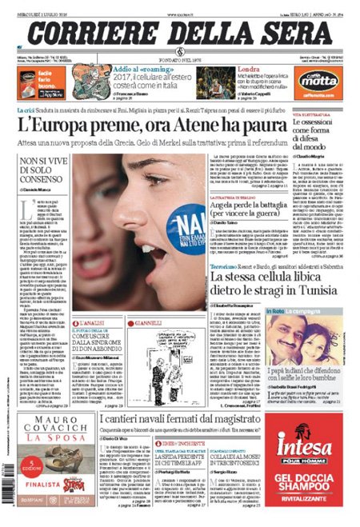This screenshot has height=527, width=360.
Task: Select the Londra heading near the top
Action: pyautogui.click(x=232, y=70)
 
